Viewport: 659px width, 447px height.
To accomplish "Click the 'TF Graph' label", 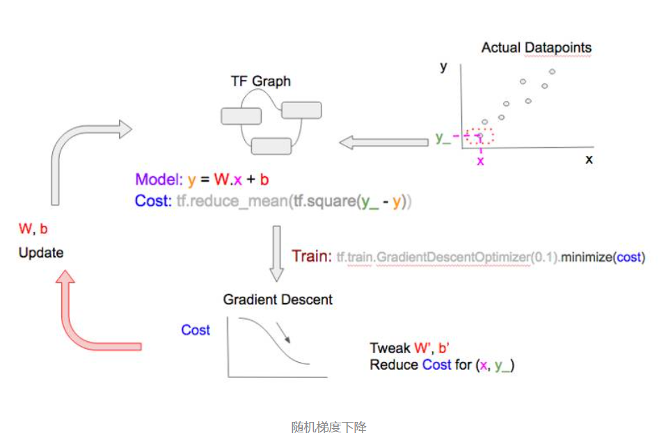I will coord(260,81).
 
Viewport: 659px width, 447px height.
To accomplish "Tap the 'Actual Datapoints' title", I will coord(536,48).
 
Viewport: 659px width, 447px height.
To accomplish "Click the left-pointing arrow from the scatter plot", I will coord(383,143).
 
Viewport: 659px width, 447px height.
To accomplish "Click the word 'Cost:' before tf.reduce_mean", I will coord(150,202).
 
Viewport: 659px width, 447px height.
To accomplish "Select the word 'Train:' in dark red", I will coord(311,256).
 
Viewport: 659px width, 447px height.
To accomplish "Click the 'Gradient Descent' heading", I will coord(278,300).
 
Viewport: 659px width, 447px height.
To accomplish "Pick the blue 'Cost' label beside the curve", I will coord(196,330).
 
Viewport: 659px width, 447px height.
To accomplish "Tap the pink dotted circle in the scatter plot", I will coord(479,136).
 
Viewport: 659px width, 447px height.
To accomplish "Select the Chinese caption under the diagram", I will coord(328,427).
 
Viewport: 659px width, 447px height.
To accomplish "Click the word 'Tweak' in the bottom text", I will coord(390,348).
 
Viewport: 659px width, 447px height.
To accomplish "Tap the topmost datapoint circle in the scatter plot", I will coord(552,72).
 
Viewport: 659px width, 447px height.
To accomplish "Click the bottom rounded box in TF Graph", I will coord(271,146).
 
